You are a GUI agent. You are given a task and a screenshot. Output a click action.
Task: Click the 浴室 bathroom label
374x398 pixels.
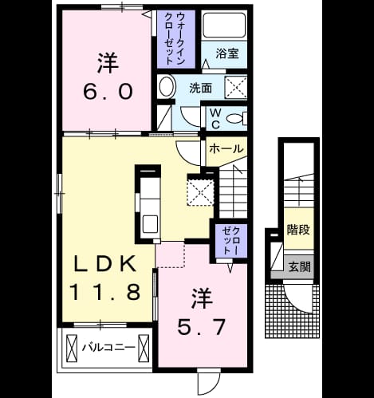tap(227, 53)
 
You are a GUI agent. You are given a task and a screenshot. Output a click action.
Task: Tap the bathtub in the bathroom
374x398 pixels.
tap(224, 25)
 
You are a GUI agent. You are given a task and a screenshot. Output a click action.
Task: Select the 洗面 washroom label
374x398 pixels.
tap(200, 88)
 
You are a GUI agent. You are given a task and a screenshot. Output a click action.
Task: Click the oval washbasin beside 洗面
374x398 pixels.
tap(167, 86)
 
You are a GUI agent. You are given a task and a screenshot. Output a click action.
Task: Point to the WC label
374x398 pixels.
tap(215, 119)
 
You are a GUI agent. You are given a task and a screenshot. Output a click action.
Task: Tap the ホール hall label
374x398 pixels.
tap(226, 148)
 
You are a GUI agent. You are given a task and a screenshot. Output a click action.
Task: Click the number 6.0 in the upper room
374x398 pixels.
tap(108, 91)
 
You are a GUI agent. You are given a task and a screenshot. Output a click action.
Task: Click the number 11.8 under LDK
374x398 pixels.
tap(104, 292)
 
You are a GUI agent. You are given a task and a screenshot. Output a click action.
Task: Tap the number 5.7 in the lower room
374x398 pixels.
tap(201, 327)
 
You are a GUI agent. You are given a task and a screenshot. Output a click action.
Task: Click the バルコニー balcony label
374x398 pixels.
tap(108, 347)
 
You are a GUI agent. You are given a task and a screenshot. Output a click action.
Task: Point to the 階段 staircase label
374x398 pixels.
tap(298, 230)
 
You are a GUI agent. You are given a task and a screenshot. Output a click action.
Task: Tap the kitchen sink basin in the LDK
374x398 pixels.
tap(150, 223)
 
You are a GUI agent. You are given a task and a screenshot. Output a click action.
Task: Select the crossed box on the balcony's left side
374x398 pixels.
tap(71, 348)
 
